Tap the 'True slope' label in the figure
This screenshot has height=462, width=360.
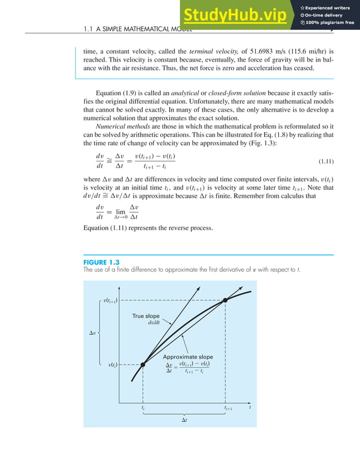[146, 316]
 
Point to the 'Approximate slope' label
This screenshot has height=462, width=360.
[188, 357]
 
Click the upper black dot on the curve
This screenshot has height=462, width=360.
[225, 300]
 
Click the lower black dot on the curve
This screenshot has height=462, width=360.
[143, 365]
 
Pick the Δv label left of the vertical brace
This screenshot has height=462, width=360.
[93, 333]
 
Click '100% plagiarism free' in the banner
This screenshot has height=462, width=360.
[330, 23]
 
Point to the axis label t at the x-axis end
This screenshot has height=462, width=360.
[249, 407]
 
